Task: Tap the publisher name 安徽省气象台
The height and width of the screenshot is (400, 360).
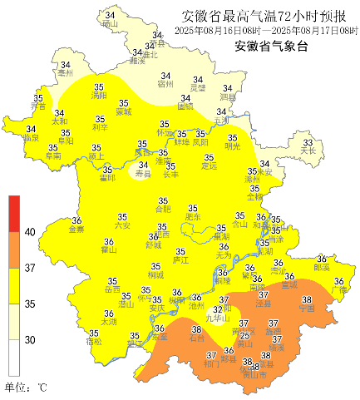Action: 271,47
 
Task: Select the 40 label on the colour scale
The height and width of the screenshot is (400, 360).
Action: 30,232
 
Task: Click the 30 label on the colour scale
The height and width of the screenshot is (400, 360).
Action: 30,339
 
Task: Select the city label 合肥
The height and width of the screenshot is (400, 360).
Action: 163,210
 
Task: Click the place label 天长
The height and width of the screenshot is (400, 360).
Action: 308,151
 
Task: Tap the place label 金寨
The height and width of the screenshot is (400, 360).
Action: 76,230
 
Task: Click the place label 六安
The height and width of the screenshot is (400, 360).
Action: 122,225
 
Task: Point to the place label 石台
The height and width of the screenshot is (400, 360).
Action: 197,338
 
